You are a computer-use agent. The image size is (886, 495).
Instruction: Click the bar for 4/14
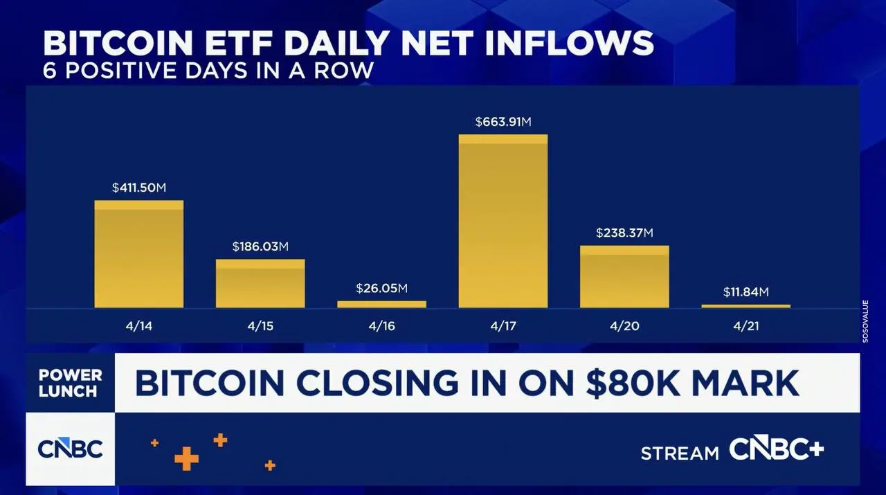tap(138, 254)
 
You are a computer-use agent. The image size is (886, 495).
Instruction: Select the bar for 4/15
tap(260, 283)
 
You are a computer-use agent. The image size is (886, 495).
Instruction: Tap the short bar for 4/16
tap(381, 304)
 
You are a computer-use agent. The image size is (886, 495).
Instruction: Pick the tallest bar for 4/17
tap(503, 221)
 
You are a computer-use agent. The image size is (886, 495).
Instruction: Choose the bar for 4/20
tap(624, 276)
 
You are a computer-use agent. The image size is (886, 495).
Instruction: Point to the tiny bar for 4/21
tap(745, 305)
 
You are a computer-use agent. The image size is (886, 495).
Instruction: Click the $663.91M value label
tap(503, 122)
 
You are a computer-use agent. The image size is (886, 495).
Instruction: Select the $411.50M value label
tap(138, 188)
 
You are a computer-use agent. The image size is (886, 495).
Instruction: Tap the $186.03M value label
tap(260, 246)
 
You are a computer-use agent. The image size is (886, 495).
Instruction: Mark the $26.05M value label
tap(381, 288)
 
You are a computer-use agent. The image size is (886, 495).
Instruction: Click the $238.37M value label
tap(624, 233)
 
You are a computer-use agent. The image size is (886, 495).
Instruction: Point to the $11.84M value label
tap(745, 291)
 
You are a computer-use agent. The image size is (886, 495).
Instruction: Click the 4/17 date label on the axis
tap(503, 326)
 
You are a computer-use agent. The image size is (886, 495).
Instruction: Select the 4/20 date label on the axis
tap(624, 326)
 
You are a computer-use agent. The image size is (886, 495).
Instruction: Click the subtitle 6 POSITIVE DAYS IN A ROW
tap(208, 70)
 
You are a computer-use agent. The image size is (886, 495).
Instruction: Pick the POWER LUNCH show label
tap(70, 383)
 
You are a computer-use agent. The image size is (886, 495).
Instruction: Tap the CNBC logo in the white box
tap(70, 449)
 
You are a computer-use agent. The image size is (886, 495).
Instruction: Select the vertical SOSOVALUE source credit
tap(865, 321)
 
